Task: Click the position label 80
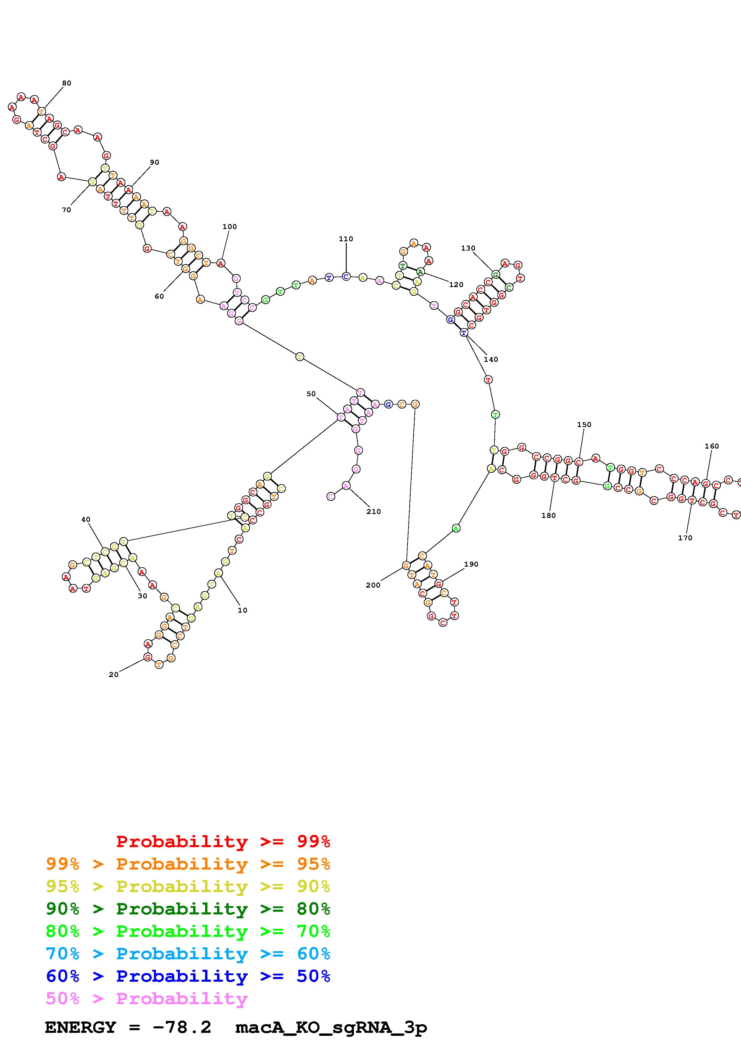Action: coord(67,83)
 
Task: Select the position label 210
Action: coord(373,512)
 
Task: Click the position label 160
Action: coord(711,446)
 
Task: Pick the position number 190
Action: coord(471,564)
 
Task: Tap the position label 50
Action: coord(311,394)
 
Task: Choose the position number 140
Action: coord(491,359)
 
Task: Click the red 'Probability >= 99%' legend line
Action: coord(223,841)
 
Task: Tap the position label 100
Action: coord(230,227)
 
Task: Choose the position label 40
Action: coord(86,519)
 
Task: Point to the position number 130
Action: coord(468,248)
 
